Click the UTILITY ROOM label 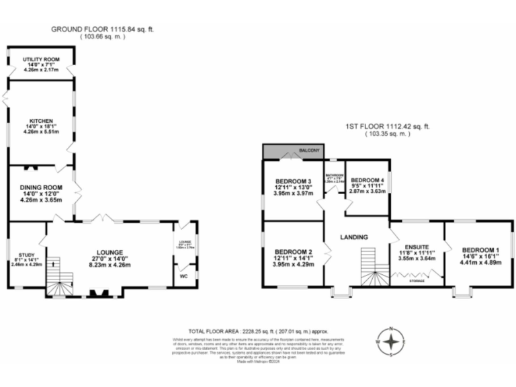pos(41,59)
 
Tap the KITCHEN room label pos(41,121)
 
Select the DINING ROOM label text pos(42,187)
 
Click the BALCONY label pos(309,150)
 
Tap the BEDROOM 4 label pos(368,180)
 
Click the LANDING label pos(353,237)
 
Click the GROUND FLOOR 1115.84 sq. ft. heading pos(99,29)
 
